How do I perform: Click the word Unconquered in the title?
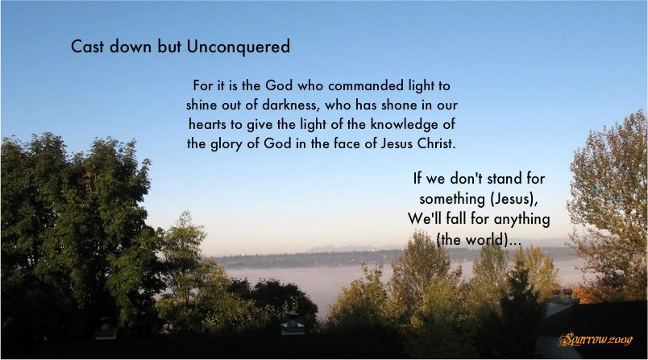point(238,47)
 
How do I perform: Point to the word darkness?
point(290,106)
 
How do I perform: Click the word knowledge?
point(401,125)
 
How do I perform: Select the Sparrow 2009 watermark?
point(595,340)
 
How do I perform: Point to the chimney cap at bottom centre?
point(293,324)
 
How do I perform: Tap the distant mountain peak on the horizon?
point(329,248)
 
